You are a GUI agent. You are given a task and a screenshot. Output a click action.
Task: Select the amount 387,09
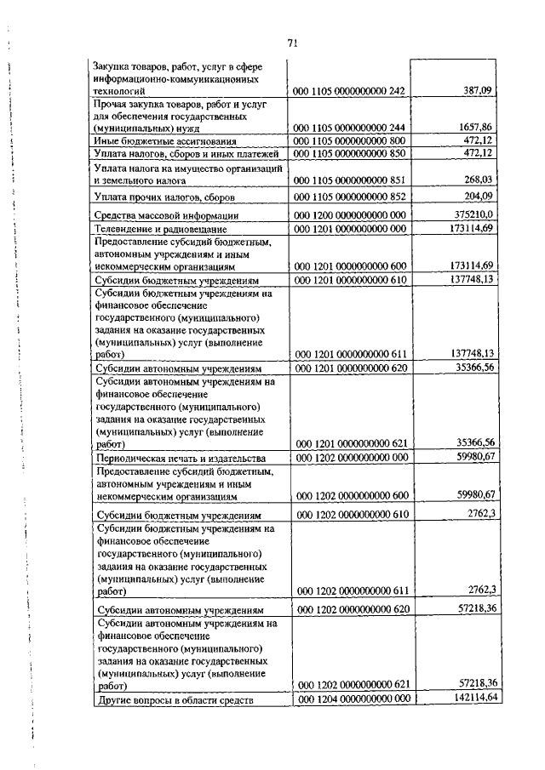coord(477,89)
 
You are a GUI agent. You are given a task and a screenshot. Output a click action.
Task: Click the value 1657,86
coord(475,127)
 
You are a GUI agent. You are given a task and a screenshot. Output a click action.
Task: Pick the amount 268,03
coord(477,180)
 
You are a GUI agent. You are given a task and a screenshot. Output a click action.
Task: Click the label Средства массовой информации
coord(166,216)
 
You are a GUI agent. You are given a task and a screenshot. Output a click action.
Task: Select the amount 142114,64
coord(470,697)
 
